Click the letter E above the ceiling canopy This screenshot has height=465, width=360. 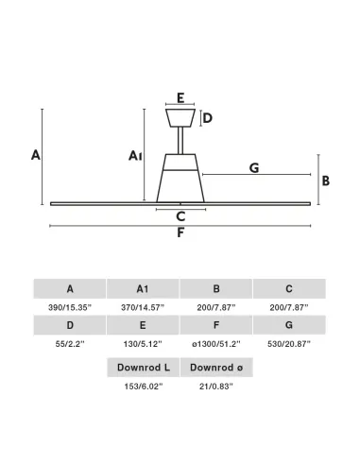pos(180,98)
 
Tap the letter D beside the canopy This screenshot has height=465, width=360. pos(208,118)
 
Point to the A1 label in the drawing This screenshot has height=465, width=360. pos(135,155)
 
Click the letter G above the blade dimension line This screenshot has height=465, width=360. pos(254,167)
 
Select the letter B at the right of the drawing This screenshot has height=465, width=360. pos(326,181)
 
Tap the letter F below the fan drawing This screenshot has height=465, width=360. pos(180,232)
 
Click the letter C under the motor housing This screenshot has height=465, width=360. pos(180,216)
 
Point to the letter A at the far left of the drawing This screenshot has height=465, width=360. pos(36,155)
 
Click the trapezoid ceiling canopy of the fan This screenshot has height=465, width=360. pos(180,118)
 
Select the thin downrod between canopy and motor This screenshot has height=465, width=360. pos(180,141)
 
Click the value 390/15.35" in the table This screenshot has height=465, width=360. pos(70,307)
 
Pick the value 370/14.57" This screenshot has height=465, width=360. pos(143,307)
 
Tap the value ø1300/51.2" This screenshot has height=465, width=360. pos(216,344)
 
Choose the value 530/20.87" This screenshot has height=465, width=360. pos(289,344)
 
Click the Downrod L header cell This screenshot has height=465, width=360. pos(144,368)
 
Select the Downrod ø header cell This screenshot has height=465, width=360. pos(216,368)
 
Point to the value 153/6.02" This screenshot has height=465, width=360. pos(144,387)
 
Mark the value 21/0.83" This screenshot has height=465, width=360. pos(216,387)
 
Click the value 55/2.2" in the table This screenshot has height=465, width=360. pos(70,344)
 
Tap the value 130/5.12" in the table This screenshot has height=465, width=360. pos(143,344)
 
